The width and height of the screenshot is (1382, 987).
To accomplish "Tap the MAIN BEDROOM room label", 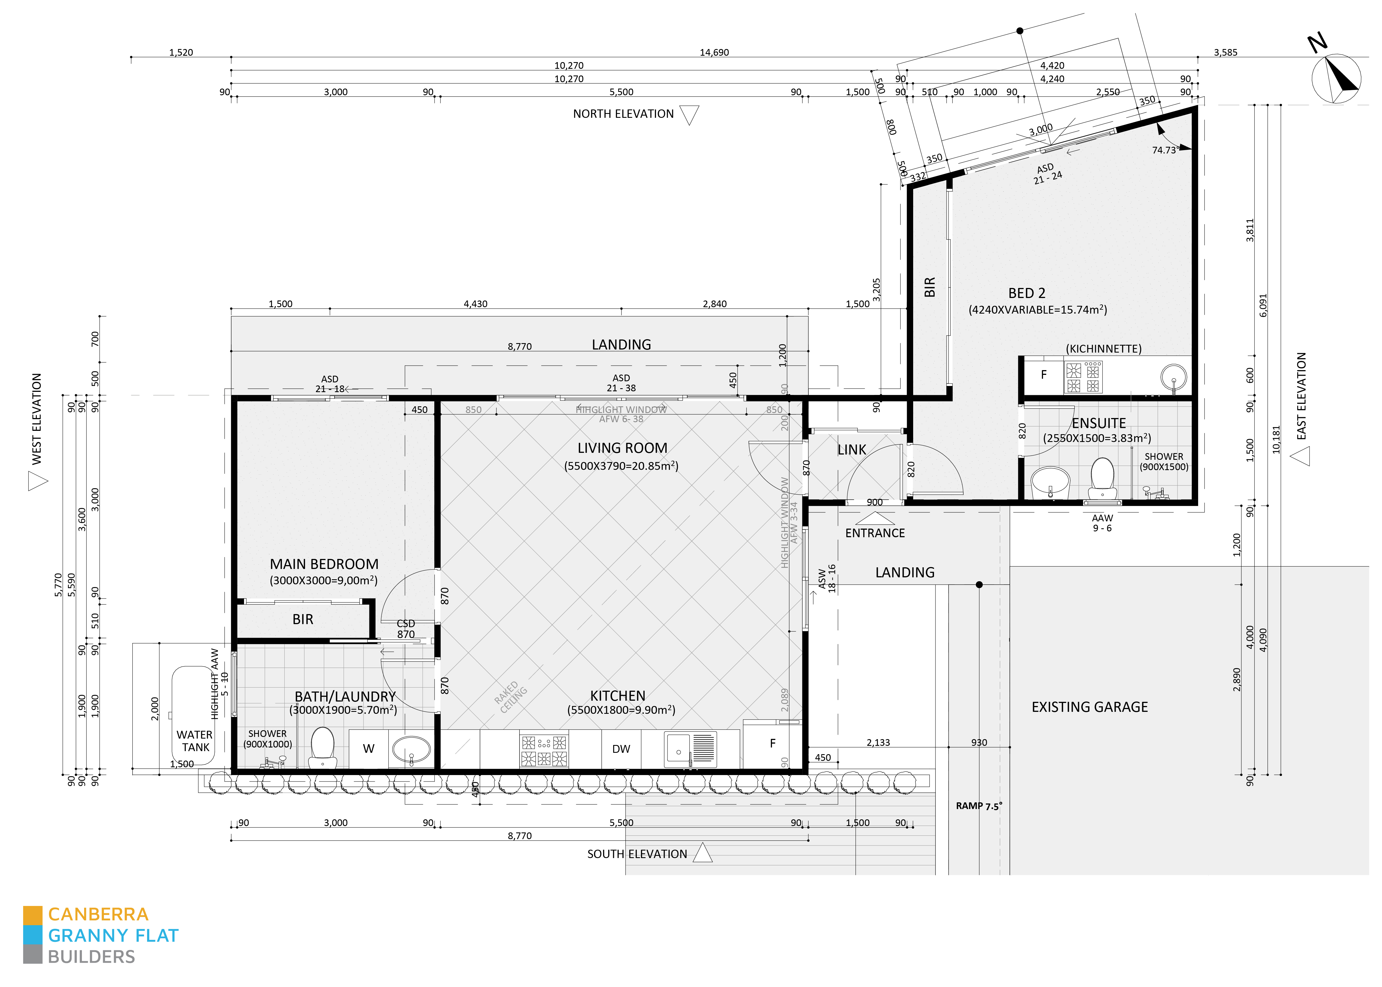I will coord(324,564).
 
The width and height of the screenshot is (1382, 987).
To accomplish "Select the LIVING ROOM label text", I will coord(622,448).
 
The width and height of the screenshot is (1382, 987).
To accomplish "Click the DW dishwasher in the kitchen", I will coord(621,749).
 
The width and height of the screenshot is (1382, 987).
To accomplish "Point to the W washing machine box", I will coord(368,749).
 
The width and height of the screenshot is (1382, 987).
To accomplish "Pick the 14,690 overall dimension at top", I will coord(714,52).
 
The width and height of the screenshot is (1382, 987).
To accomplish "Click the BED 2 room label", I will coord(1027,293).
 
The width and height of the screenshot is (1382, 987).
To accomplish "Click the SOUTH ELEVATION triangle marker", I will coord(703,853).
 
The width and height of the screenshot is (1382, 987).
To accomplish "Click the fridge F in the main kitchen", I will coord(772,743).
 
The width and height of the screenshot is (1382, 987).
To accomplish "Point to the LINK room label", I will coord(851,450).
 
